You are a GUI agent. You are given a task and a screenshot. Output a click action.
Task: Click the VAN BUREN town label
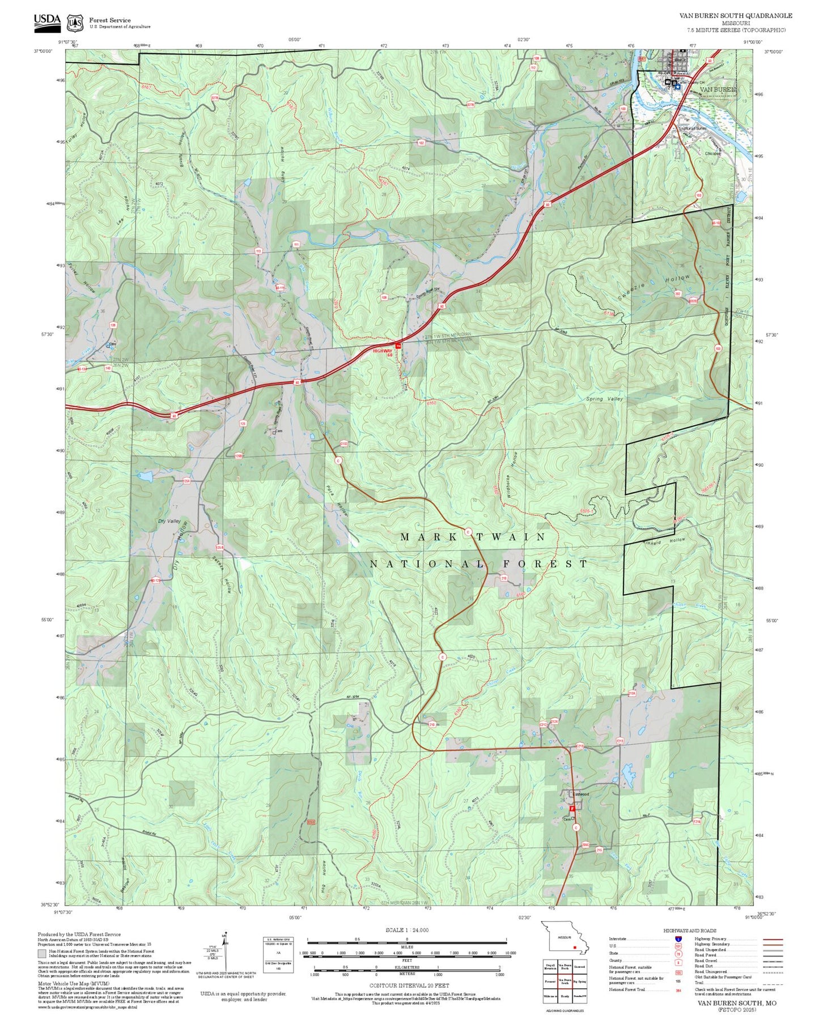click(x=717, y=89)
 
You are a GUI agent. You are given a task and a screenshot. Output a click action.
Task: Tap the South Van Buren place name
click(x=693, y=129)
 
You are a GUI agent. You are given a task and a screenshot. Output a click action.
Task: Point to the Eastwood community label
click(x=580, y=794)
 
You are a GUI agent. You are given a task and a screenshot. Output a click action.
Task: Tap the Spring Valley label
click(x=604, y=399)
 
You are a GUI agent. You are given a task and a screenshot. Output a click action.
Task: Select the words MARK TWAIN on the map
click(x=473, y=536)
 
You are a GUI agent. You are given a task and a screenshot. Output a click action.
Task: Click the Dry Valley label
click(x=169, y=520)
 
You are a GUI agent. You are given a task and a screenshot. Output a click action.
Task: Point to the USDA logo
click(x=46, y=20)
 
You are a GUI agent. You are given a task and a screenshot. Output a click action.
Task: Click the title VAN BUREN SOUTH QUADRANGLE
click(x=736, y=16)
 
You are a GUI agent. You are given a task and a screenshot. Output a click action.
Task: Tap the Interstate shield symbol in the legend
click(x=678, y=939)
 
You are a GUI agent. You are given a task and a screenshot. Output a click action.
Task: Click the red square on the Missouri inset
click(x=575, y=946)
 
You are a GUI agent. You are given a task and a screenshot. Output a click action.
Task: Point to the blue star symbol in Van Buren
click(x=676, y=87)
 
